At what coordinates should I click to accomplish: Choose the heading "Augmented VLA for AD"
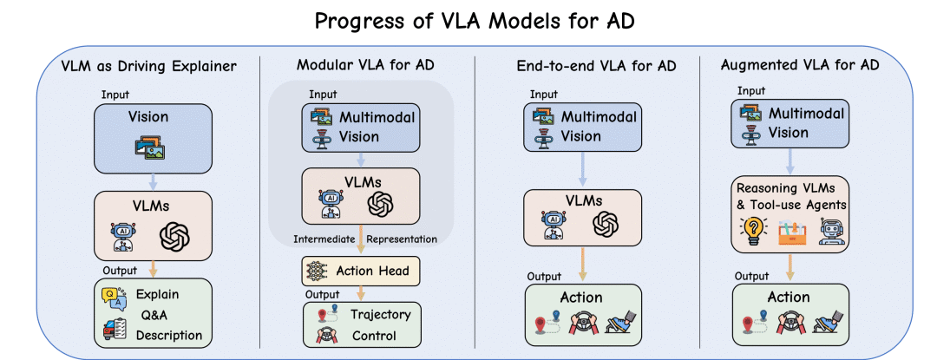tap(798, 66)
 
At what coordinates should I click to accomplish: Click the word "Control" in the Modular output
tap(374, 335)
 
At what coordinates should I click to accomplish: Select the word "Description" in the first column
tap(169, 335)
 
